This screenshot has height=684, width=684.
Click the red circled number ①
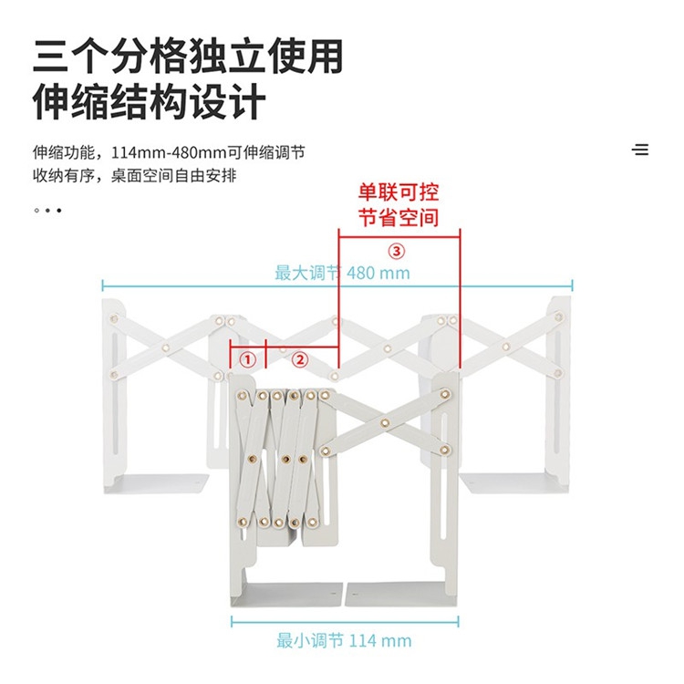pyautogui.click(x=248, y=360)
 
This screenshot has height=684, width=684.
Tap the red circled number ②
pyautogui.click(x=300, y=360)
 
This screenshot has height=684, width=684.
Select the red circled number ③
pyautogui.click(x=397, y=252)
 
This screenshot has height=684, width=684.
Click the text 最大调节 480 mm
pyautogui.click(x=342, y=273)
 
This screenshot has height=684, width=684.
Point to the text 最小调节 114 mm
pyautogui.click(x=344, y=641)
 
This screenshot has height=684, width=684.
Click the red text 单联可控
pyautogui.click(x=399, y=192)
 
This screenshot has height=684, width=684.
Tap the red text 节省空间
pyautogui.click(x=399, y=218)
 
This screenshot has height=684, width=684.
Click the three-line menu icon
pyautogui.click(x=640, y=150)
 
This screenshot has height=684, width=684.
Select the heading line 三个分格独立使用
pyautogui.click(x=188, y=57)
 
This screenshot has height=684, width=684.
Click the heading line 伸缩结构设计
pyautogui.click(x=150, y=102)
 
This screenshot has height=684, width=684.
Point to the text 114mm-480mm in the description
pyautogui.click(x=169, y=152)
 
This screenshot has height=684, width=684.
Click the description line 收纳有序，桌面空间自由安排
pyautogui.click(x=134, y=176)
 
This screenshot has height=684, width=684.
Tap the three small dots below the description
pyautogui.click(x=47, y=211)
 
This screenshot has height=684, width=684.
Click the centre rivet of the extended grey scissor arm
pyautogui.click(x=385, y=422)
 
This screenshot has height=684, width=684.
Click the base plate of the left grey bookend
pyautogui.click(x=286, y=594)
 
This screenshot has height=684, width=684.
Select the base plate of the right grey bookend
pyautogui.click(x=401, y=594)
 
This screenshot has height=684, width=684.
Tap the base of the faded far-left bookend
pyautogui.click(x=156, y=483)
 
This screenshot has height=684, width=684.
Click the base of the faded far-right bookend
pyautogui.click(x=513, y=483)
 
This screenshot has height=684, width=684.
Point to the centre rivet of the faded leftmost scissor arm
pyautogui.click(x=166, y=347)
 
